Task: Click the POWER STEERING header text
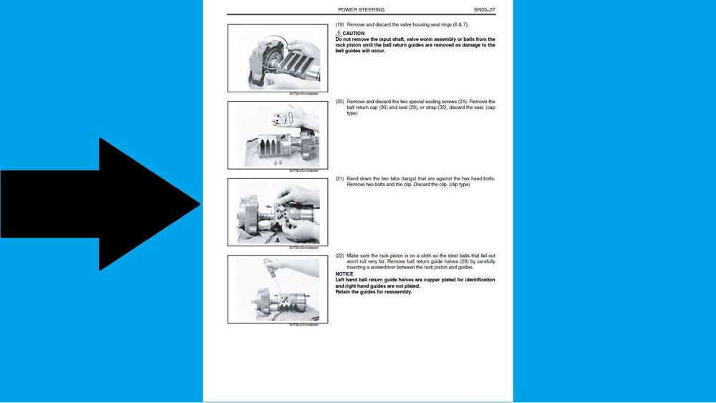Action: tap(361, 10)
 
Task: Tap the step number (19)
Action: tap(340, 25)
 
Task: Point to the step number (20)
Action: tap(340, 102)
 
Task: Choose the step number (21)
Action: tap(340, 178)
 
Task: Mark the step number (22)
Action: tap(340, 256)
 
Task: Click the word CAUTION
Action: tap(353, 34)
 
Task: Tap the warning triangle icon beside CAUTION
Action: tap(338, 34)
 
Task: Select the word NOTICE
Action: tap(344, 274)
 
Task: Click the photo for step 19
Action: tap(277, 58)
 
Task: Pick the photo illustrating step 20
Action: tap(277, 135)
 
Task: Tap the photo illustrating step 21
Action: tap(277, 212)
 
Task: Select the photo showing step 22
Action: tap(277, 288)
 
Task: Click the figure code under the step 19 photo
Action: tap(303, 94)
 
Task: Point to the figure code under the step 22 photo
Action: tap(303, 325)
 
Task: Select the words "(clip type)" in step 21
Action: tap(458, 185)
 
